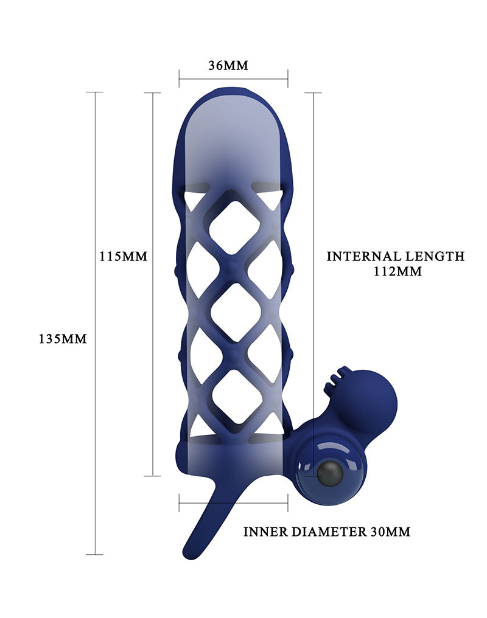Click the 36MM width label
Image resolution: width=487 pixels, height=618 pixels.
click(228, 65)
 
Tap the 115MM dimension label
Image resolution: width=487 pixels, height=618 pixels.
click(124, 256)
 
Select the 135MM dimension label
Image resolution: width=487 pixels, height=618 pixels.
click(63, 339)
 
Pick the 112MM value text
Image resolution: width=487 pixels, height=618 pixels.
click(398, 272)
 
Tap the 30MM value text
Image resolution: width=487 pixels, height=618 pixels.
click(390, 532)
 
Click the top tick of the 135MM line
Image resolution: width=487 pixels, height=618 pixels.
click(94, 92)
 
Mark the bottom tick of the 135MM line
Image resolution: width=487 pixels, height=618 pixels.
click(94, 554)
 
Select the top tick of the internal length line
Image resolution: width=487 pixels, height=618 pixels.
click(313, 93)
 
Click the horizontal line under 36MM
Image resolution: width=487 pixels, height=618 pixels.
click(233, 78)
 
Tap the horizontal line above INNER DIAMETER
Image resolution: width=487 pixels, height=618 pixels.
click(233, 502)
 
